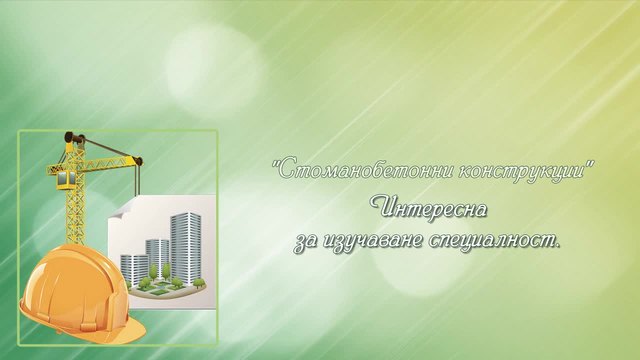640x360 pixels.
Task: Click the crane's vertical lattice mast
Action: [75, 210]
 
